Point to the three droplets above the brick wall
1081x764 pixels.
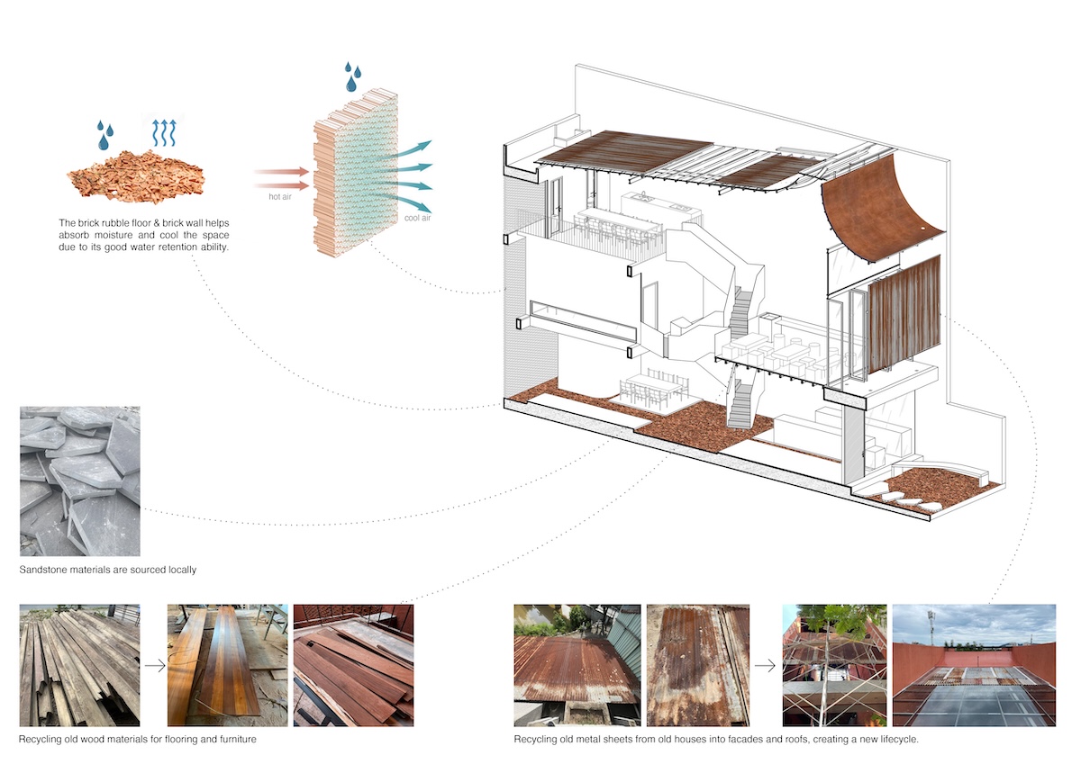[x=353, y=76]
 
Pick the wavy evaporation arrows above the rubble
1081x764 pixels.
[x=166, y=131]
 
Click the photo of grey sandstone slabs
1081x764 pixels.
[x=80, y=481]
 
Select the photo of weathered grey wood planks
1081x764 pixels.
[x=80, y=665]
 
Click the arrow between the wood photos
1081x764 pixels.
[x=154, y=667]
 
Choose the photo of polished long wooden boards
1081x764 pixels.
[x=227, y=665]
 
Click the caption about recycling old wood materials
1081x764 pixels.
[x=138, y=739]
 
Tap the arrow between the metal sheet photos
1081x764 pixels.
[x=766, y=667]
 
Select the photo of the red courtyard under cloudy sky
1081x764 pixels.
[x=973, y=665]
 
